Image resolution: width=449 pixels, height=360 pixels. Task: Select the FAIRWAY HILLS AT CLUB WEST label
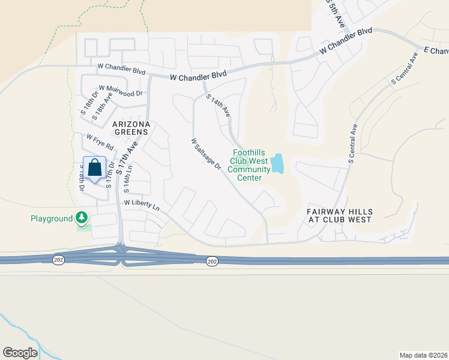click(340, 216)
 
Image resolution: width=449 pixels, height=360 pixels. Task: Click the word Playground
click(52, 218)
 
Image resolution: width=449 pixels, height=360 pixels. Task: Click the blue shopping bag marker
click(95, 167)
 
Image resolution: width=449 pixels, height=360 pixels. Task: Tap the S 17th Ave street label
click(127, 158)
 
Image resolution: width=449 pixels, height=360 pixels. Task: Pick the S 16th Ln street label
click(127, 179)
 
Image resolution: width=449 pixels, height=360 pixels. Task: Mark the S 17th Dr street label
click(109, 175)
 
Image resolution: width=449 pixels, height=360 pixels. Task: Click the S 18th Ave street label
click(104, 105)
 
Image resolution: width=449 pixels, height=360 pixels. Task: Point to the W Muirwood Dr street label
click(120, 91)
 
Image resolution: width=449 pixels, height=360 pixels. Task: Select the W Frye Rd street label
click(100, 142)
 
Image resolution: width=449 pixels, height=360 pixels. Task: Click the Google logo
click(20, 352)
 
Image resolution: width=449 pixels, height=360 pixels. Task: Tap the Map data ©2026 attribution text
click(423, 355)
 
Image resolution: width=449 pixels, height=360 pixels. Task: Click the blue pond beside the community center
click(277, 163)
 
